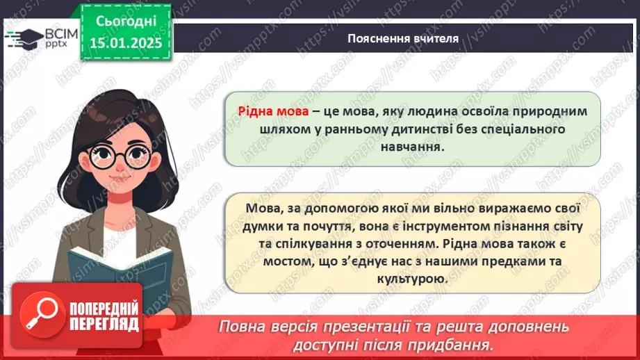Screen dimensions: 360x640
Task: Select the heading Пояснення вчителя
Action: (403, 38)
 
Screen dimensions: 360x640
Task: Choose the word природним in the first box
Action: (541, 112)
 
